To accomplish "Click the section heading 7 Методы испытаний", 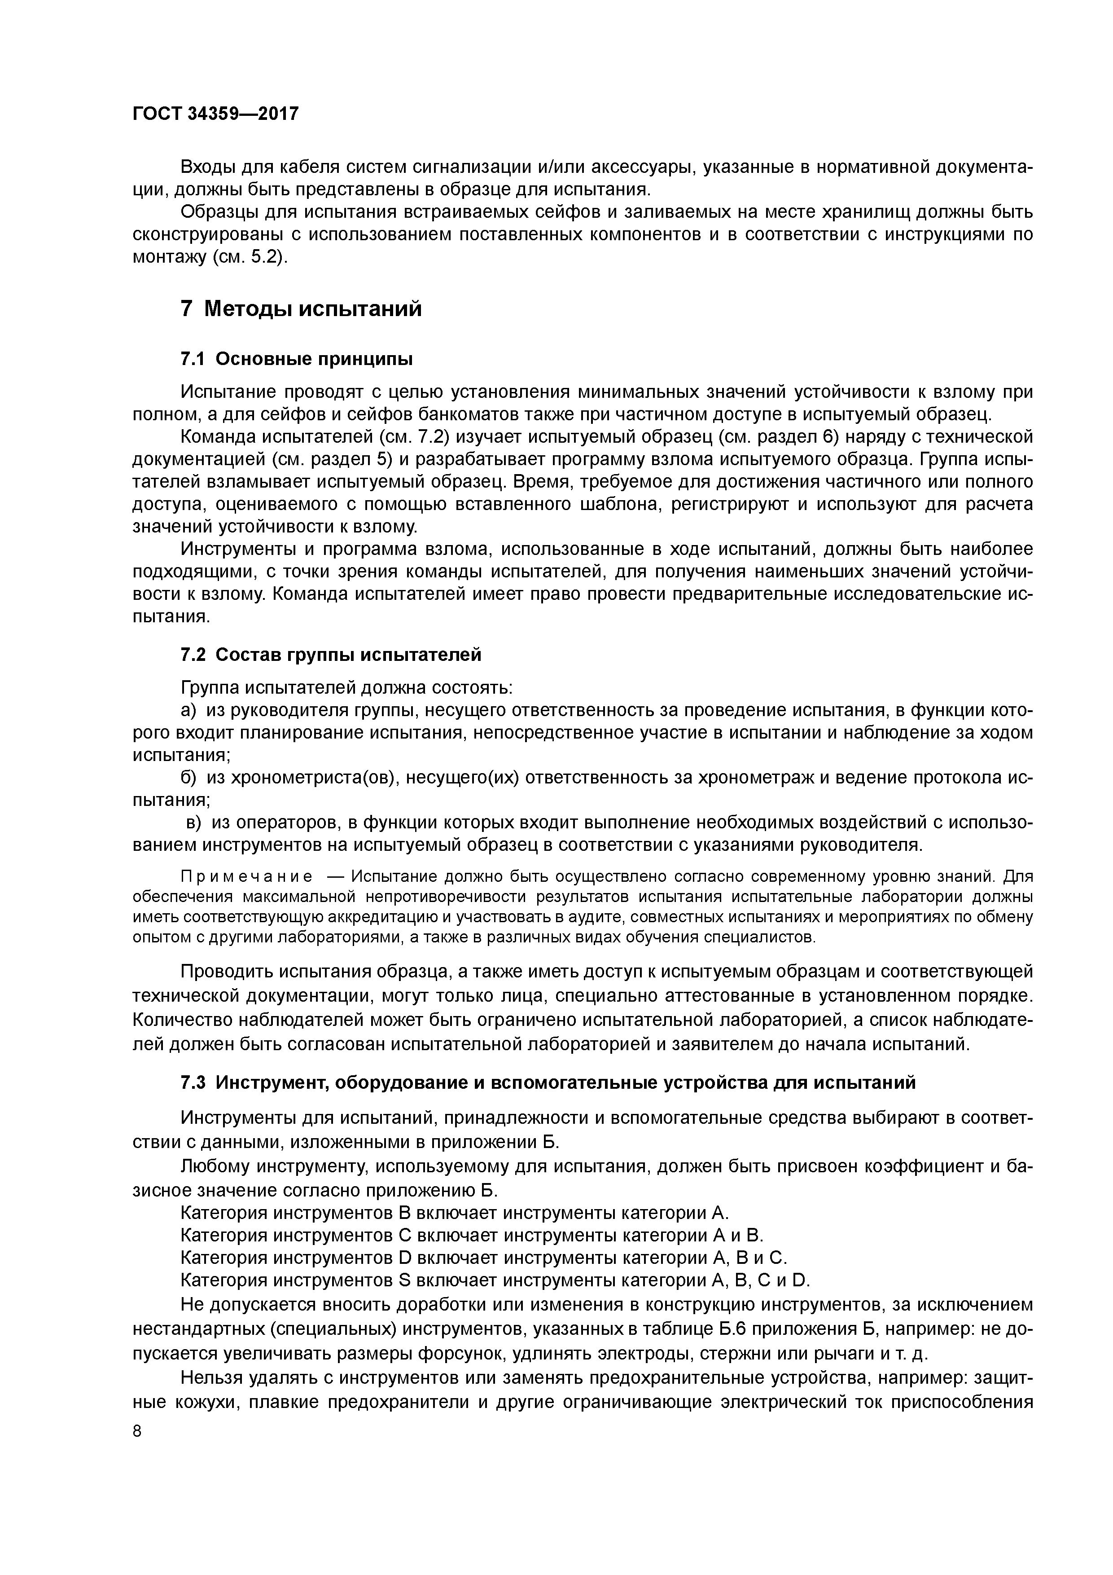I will pos(301,309).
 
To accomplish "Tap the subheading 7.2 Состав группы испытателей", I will pos(331,655).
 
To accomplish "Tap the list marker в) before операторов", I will pos(193,823).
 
